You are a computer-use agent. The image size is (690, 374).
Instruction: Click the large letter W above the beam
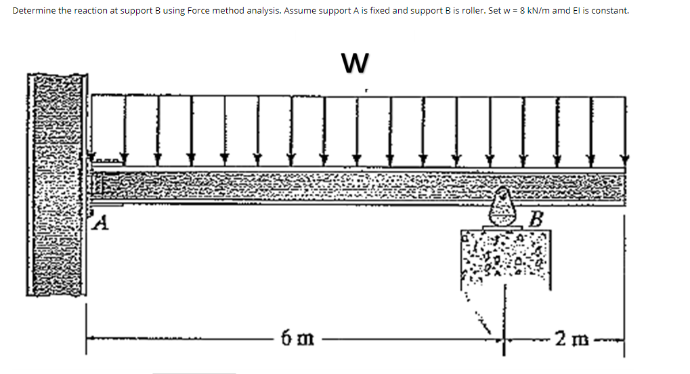pyautogui.click(x=356, y=63)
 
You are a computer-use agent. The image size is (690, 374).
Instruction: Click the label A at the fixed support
pyautogui.click(x=100, y=222)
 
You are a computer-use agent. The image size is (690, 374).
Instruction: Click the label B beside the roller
pyautogui.click(x=537, y=219)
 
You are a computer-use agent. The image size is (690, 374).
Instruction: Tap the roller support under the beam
pyautogui.click(x=503, y=209)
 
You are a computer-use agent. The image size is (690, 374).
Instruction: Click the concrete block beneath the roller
pyautogui.click(x=506, y=257)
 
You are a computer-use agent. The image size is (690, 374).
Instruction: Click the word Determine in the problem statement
pyautogui.click(x=33, y=12)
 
